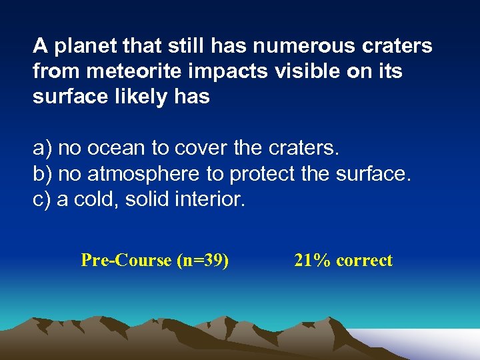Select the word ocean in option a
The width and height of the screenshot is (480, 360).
click(x=113, y=147)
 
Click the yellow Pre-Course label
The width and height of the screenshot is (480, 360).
click(x=126, y=261)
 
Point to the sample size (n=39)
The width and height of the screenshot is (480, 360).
click(x=203, y=261)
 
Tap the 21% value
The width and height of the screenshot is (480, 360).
click(x=312, y=261)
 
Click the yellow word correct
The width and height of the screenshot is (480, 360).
click(x=365, y=261)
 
